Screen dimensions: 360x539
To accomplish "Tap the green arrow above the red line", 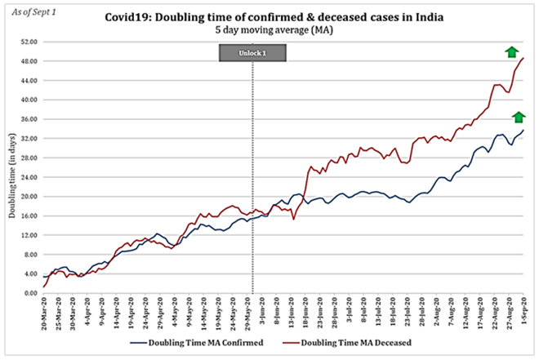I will coord(511,52).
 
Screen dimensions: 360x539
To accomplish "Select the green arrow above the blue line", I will coord(519,117).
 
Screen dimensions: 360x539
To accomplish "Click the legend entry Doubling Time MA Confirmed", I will coord(209,342).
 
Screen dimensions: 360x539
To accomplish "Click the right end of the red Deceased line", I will coord(523,58).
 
